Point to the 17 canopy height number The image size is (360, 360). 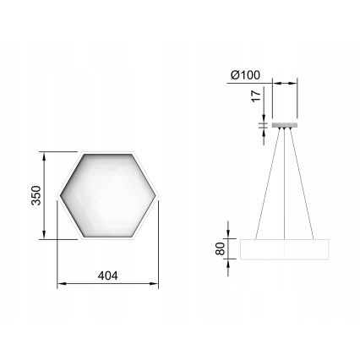click(254, 98)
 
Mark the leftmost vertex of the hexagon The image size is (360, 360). click(57, 196)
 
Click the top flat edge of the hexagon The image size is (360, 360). click(107, 153)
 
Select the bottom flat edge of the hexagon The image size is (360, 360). click(107, 239)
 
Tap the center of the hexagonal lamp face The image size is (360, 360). click(107, 196)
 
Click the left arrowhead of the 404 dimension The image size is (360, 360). click(59, 283)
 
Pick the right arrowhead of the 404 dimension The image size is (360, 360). click(155, 283)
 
